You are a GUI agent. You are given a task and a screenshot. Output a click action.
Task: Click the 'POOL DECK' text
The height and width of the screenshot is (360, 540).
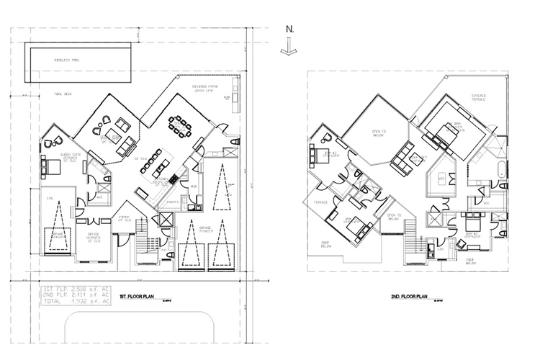66,94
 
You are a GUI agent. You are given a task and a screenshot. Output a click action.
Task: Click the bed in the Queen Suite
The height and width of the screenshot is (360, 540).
55,166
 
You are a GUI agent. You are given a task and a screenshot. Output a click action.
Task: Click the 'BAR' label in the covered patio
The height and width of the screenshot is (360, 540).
227,99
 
